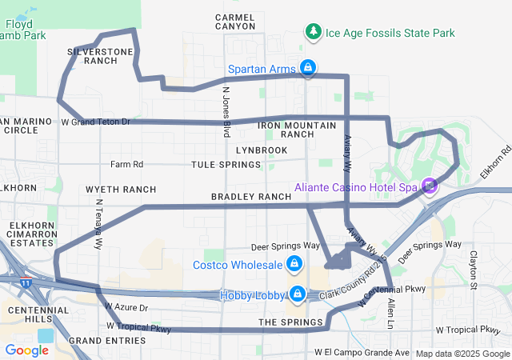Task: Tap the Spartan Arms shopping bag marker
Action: pyautogui.click(x=306, y=67)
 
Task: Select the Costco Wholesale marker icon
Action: pyautogui.click(x=294, y=264)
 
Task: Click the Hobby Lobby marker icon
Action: pyautogui.click(x=297, y=295)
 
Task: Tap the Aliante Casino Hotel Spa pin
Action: pyautogui.click(x=430, y=186)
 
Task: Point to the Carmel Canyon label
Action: pyautogui.click(x=238, y=21)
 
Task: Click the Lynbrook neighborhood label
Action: pyautogui.click(x=262, y=150)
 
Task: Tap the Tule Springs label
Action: pyautogui.click(x=226, y=165)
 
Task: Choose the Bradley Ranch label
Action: pyautogui.click(x=250, y=197)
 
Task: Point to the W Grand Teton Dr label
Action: pyautogui.click(x=95, y=122)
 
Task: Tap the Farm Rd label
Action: pyautogui.click(x=126, y=165)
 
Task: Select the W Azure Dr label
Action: pyautogui.click(x=126, y=307)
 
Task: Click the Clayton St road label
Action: pyautogui.click(x=474, y=269)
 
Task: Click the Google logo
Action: pyautogui.click(x=26, y=350)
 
